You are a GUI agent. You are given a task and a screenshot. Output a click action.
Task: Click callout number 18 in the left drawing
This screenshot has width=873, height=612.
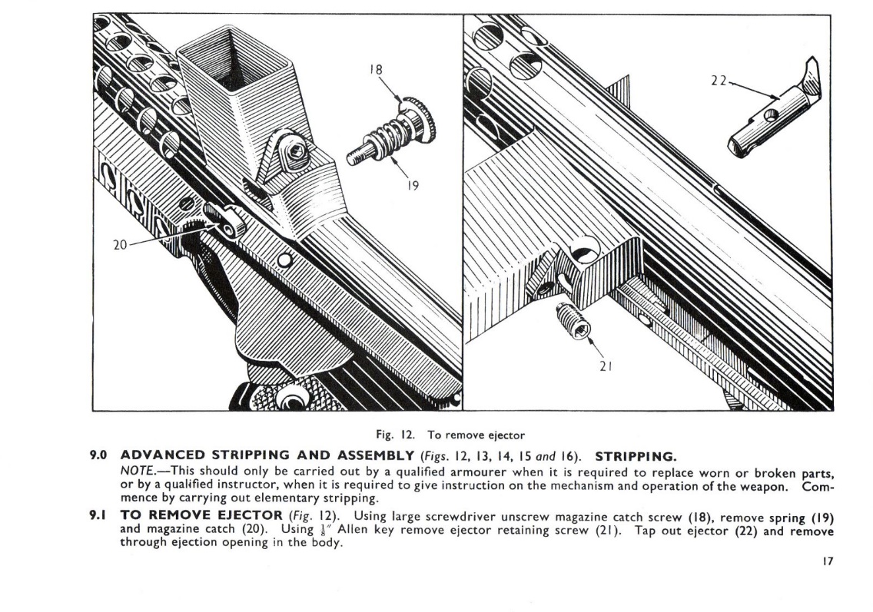(376, 69)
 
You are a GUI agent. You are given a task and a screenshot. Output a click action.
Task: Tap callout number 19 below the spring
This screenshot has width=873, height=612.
(412, 185)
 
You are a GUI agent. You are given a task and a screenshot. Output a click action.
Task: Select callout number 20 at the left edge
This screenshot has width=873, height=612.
(119, 245)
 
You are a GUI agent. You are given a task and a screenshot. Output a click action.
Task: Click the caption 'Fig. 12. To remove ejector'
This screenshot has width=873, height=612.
(461, 435)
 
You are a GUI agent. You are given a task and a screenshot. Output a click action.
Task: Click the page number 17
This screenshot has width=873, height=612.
(828, 562)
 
